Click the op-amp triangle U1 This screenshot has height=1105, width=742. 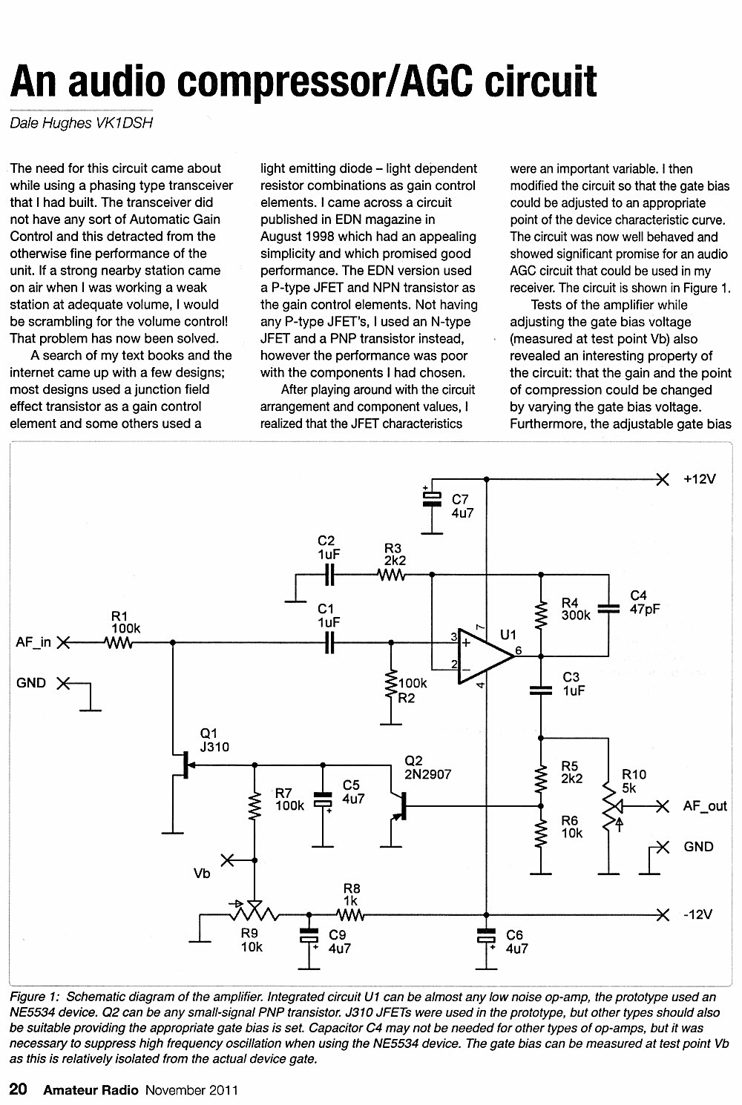485,656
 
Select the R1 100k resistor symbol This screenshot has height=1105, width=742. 118,643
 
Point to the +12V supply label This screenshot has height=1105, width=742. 700,479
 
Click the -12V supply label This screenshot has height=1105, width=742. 698,914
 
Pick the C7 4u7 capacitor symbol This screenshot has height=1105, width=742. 432,499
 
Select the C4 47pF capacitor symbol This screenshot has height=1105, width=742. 608,609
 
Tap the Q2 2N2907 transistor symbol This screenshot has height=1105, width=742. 399,806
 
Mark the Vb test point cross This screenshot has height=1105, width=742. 227,860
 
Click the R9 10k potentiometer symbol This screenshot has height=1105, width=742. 255,913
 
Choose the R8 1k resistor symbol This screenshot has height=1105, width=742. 350,915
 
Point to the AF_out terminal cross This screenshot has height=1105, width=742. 663,806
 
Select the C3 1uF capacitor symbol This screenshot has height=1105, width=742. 541,690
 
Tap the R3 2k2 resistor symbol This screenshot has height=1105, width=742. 391,575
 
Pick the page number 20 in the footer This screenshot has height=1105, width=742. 19,1088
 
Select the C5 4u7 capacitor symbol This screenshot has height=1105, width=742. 323,799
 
